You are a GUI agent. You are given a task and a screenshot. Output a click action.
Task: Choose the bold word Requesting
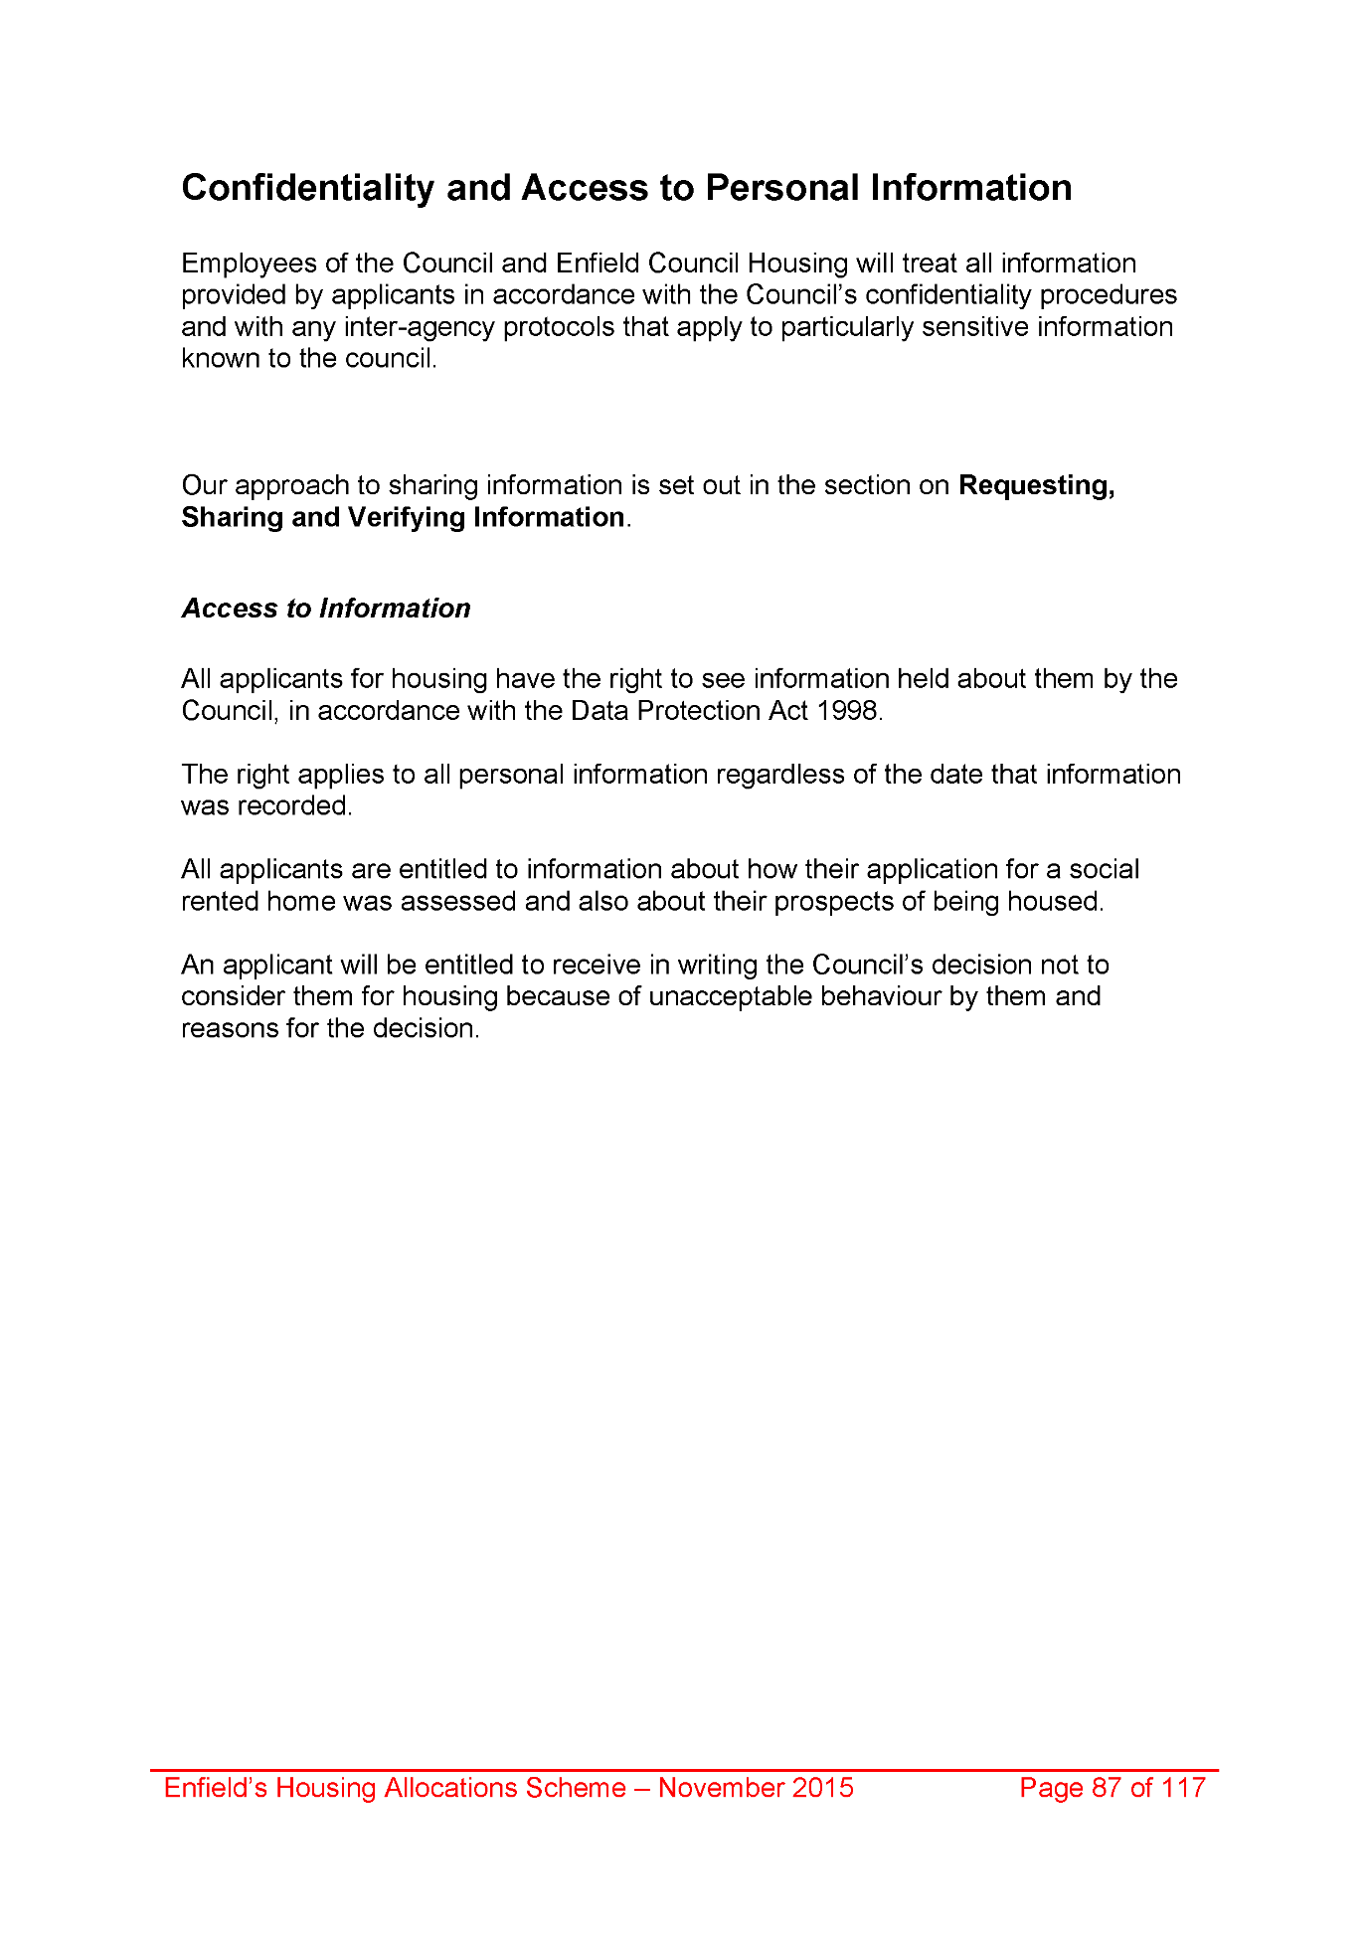1035,485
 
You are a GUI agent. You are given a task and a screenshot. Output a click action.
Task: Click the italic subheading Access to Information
325,609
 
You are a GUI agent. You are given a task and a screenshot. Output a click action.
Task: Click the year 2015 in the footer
822,1788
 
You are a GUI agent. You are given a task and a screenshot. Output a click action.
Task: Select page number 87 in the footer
1107,1788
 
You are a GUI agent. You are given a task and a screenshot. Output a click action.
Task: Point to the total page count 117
1183,1788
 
